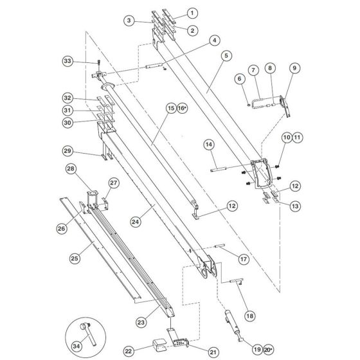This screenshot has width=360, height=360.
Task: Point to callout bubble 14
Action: [209, 145]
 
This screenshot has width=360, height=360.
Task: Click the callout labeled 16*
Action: [182, 109]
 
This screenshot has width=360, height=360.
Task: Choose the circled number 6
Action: [240, 78]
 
